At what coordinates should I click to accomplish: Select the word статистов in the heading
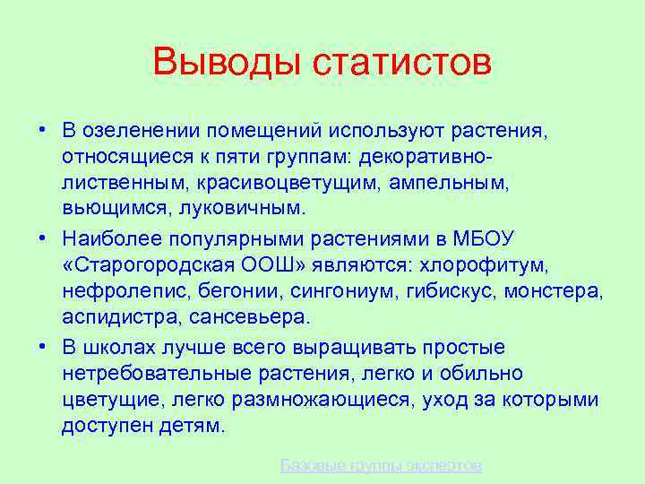pos(402,63)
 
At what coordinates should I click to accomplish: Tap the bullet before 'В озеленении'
pos(42,130)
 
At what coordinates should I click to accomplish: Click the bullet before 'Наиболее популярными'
pos(42,238)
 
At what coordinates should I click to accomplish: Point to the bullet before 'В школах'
pos(42,346)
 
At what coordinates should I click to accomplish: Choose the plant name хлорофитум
pos(497,265)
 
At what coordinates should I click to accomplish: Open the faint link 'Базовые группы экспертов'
pos(381,465)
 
